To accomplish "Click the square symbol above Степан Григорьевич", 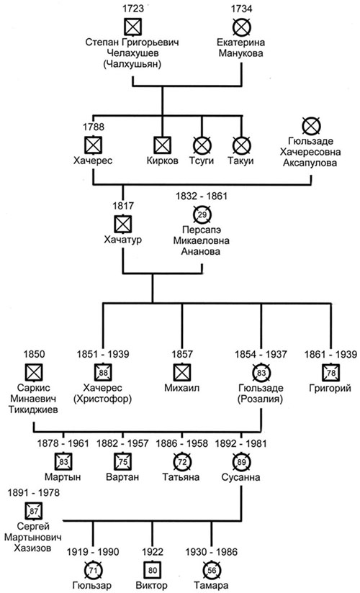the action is pyautogui.click(x=133, y=27).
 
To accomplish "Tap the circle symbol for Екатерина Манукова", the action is pyautogui.click(x=242, y=27).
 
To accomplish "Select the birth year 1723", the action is pyautogui.click(x=133, y=9).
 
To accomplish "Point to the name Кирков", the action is pyautogui.click(x=163, y=160).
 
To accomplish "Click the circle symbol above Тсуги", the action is pyautogui.click(x=202, y=145).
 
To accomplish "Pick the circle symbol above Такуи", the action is pyautogui.click(x=242, y=145).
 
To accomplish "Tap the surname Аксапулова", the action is pyautogui.click(x=310, y=163).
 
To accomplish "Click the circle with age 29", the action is pyautogui.click(x=202, y=214).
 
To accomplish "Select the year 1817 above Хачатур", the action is pyautogui.click(x=123, y=206).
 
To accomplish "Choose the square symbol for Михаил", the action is pyautogui.click(x=182, y=372).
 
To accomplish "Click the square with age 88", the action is pyautogui.click(x=103, y=372).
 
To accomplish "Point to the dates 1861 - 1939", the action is pyautogui.click(x=330, y=354).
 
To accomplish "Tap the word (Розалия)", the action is pyautogui.click(x=261, y=399).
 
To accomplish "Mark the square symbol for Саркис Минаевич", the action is pyautogui.click(x=34, y=372).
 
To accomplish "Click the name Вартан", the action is pyautogui.click(x=122, y=477).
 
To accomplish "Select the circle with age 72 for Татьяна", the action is pyautogui.click(x=182, y=461).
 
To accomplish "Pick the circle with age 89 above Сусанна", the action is pyautogui.click(x=241, y=461).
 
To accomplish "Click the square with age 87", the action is pyautogui.click(x=34, y=511).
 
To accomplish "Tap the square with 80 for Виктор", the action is pyautogui.click(x=153, y=569).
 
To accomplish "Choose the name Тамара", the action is pyautogui.click(x=211, y=585).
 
